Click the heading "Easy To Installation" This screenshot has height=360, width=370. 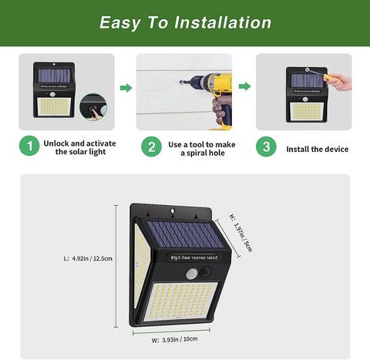[x=185, y=22]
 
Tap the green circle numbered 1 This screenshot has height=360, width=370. [x=29, y=146]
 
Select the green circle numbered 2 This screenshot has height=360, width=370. [x=152, y=146]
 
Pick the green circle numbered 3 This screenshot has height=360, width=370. [x=266, y=146]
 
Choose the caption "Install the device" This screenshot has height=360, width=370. [x=317, y=149]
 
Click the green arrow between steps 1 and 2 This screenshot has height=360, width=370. [x=126, y=88]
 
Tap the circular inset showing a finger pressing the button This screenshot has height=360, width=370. [x=94, y=107]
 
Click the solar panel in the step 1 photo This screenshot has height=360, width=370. [x=53, y=76]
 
